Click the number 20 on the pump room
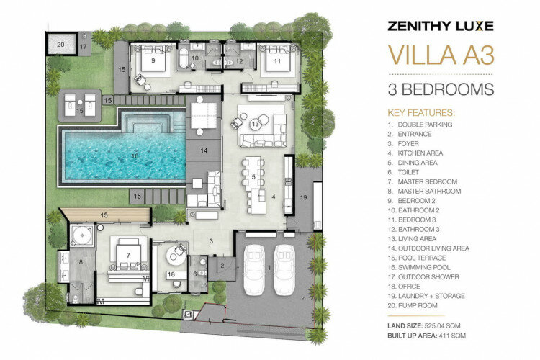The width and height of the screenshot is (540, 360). pyautogui.click(x=60, y=45)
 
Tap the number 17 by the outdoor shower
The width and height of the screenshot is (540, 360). pyautogui.click(x=84, y=47)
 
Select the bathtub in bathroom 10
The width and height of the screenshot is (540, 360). pyautogui.click(x=184, y=58)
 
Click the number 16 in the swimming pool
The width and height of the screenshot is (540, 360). pyautogui.click(x=135, y=156)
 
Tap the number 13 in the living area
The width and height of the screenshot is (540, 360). pyautogui.click(x=255, y=124)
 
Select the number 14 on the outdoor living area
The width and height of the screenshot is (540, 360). pyautogui.click(x=204, y=150)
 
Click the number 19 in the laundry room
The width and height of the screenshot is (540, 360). pyautogui.click(x=303, y=197)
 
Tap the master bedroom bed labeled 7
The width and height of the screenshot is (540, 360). pyautogui.click(x=128, y=254)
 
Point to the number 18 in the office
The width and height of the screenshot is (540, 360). pyautogui.click(x=171, y=274)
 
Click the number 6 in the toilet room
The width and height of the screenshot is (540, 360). pyautogui.click(x=195, y=274)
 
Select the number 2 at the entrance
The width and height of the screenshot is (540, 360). pyautogui.click(x=222, y=266)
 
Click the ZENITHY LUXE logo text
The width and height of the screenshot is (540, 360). pyautogui.click(x=441, y=26)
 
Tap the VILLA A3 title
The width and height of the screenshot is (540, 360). pyautogui.click(x=441, y=55)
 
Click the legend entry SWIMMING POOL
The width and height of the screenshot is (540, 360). pyautogui.click(x=424, y=267)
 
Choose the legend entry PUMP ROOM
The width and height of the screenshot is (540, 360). pyautogui.click(x=418, y=305)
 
